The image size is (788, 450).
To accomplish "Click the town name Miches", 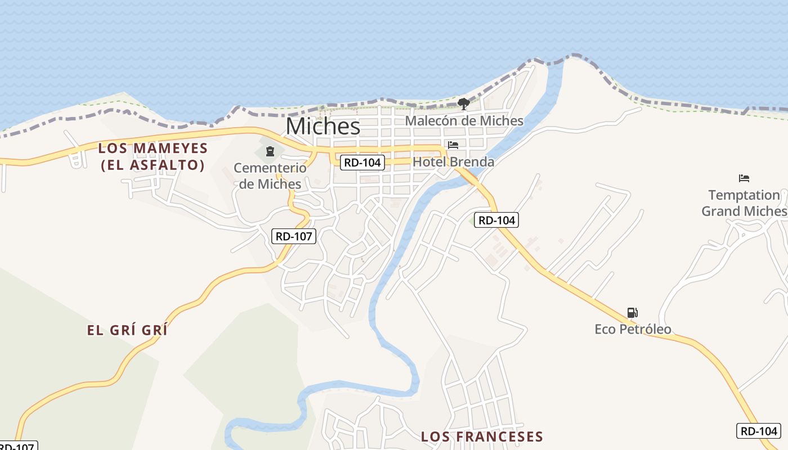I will coord(323,126).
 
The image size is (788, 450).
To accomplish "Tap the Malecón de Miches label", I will coord(464,121).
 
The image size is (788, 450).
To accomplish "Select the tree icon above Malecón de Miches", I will coord(463,103).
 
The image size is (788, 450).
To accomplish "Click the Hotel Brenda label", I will coord(454,162).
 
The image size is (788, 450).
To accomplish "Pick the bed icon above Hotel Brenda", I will coord(453,145).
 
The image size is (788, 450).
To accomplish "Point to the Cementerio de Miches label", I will coord(270,175).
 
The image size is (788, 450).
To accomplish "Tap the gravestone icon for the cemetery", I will coord(270,151).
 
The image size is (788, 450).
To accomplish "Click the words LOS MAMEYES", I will coord(153,148).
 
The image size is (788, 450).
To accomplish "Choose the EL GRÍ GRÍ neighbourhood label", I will coord(127,330).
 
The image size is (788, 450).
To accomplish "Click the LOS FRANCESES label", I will coord(482,436).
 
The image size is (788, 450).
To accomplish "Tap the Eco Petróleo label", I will coord(633,329).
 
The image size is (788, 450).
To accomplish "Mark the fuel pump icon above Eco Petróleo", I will coord(632,312).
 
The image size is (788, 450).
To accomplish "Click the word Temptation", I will coord(744,195).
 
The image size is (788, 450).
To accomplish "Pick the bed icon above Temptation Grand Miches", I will coord(744,178).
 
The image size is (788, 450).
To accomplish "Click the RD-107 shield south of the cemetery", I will coord(294,236).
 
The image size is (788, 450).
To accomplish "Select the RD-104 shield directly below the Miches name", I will coord(362,163).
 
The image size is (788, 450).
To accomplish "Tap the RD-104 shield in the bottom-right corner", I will coord(758,431).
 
